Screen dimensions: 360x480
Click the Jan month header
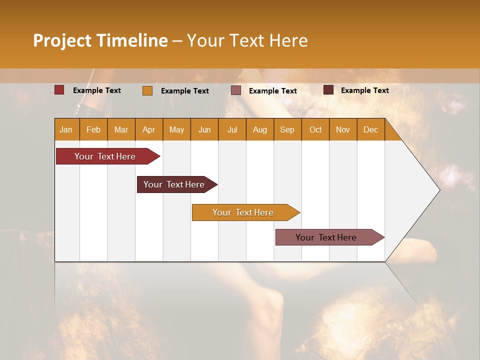pos(66,129)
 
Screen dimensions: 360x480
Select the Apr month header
pos(149,129)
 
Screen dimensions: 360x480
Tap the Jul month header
pos(232,129)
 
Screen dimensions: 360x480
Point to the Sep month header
pos(287,129)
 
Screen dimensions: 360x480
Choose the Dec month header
pos(371,129)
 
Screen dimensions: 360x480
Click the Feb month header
pos(93,129)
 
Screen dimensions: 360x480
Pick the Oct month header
pos(315,129)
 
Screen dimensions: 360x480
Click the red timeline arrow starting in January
pos(105,156)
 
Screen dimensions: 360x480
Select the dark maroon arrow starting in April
pos(174,184)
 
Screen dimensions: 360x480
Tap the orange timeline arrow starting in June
pos(243,212)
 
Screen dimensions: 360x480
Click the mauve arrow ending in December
pos(326,237)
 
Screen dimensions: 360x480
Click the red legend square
pos(59,90)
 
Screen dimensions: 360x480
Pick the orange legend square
pos(147,90)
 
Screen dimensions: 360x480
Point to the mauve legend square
pos(236,90)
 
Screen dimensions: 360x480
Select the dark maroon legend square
pos(328,90)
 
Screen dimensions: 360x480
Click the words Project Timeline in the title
pos(100,40)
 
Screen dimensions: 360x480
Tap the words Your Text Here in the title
pos(247,40)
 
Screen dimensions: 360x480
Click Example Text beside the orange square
pos(185,91)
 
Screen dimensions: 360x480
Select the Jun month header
pos(204,129)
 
